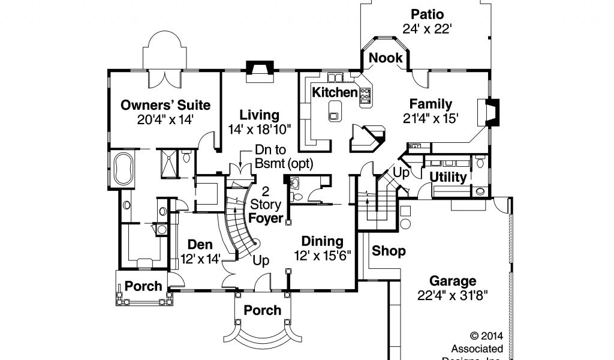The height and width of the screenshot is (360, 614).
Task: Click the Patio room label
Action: click(427, 14)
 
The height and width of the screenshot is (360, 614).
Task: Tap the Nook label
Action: click(386, 58)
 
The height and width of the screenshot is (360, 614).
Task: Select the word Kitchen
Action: click(335, 92)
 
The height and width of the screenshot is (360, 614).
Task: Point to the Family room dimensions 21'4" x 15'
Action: click(431, 118)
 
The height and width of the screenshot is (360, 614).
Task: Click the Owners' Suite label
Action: click(165, 106)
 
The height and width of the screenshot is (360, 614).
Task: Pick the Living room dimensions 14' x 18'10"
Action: click(259, 128)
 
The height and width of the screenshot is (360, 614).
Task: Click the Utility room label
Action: click(448, 177)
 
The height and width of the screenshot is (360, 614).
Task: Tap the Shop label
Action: click(389, 251)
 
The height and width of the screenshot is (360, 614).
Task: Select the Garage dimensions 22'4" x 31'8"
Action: click(453, 295)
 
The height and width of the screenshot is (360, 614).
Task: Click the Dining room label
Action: click(322, 241)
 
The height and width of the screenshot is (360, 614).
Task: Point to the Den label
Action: click(200, 244)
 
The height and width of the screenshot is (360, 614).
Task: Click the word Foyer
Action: click(266, 218)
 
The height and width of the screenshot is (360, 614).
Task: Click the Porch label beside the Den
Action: click(143, 286)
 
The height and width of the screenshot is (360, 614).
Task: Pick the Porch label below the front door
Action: click(263, 310)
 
